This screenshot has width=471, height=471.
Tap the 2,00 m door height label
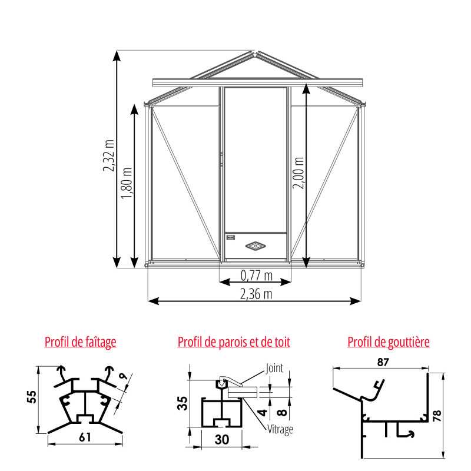coord(298,173)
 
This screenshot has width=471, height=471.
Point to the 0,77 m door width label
coord(256,274)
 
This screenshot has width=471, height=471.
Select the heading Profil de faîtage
coord(81,341)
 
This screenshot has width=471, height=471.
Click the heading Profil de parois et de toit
coord(234,341)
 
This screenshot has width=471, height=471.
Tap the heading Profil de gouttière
coord(389,341)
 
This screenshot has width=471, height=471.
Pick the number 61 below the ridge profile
coord(85,437)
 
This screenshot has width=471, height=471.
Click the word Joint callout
coord(274,369)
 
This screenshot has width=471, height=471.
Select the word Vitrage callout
coord(280,429)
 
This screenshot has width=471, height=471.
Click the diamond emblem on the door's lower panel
coord(256,245)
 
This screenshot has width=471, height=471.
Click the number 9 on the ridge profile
coord(121,377)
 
